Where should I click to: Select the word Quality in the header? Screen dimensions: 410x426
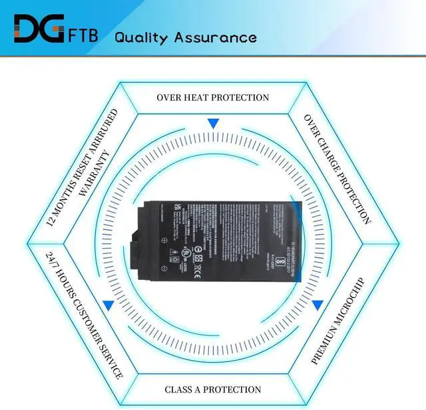[x=140, y=36]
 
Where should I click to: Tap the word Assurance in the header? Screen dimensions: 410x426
[x=215, y=36]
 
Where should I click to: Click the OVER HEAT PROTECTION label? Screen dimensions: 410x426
[x=213, y=97]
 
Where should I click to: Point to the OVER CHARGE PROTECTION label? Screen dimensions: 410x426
[x=337, y=168]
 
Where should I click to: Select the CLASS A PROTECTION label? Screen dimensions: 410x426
[x=213, y=389]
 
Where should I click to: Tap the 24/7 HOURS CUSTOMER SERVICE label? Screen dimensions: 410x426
[x=75, y=315]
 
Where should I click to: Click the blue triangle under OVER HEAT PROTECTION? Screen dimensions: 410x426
[x=213, y=123]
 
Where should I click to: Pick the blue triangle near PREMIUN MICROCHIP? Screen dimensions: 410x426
[x=318, y=305]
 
